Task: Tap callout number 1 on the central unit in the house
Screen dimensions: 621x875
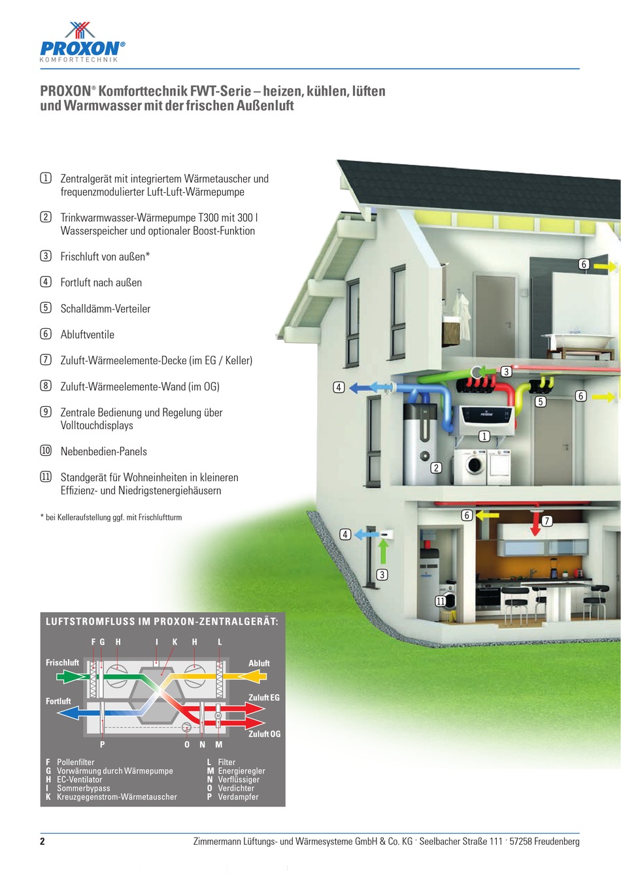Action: click(484, 436)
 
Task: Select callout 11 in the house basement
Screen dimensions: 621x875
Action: click(441, 601)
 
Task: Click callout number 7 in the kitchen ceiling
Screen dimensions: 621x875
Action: click(547, 521)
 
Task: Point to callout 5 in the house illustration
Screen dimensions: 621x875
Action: click(541, 402)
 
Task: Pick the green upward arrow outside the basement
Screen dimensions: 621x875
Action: click(384, 551)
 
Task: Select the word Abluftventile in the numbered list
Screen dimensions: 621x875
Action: click(88, 335)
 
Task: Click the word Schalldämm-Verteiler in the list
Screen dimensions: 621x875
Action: click(105, 309)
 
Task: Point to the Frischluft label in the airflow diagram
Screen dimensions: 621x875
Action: click(62, 662)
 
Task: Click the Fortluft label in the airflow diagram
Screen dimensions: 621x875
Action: click(58, 701)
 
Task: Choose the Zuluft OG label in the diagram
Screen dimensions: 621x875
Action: click(264, 734)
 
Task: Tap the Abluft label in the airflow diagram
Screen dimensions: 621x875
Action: click(259, 663)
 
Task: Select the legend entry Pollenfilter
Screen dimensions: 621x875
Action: click(75, 762)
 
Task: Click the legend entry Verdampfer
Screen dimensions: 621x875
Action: click(238, 797)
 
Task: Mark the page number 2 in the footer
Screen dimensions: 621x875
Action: click(42, 842)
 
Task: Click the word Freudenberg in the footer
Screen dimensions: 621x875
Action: click(556, 842)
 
